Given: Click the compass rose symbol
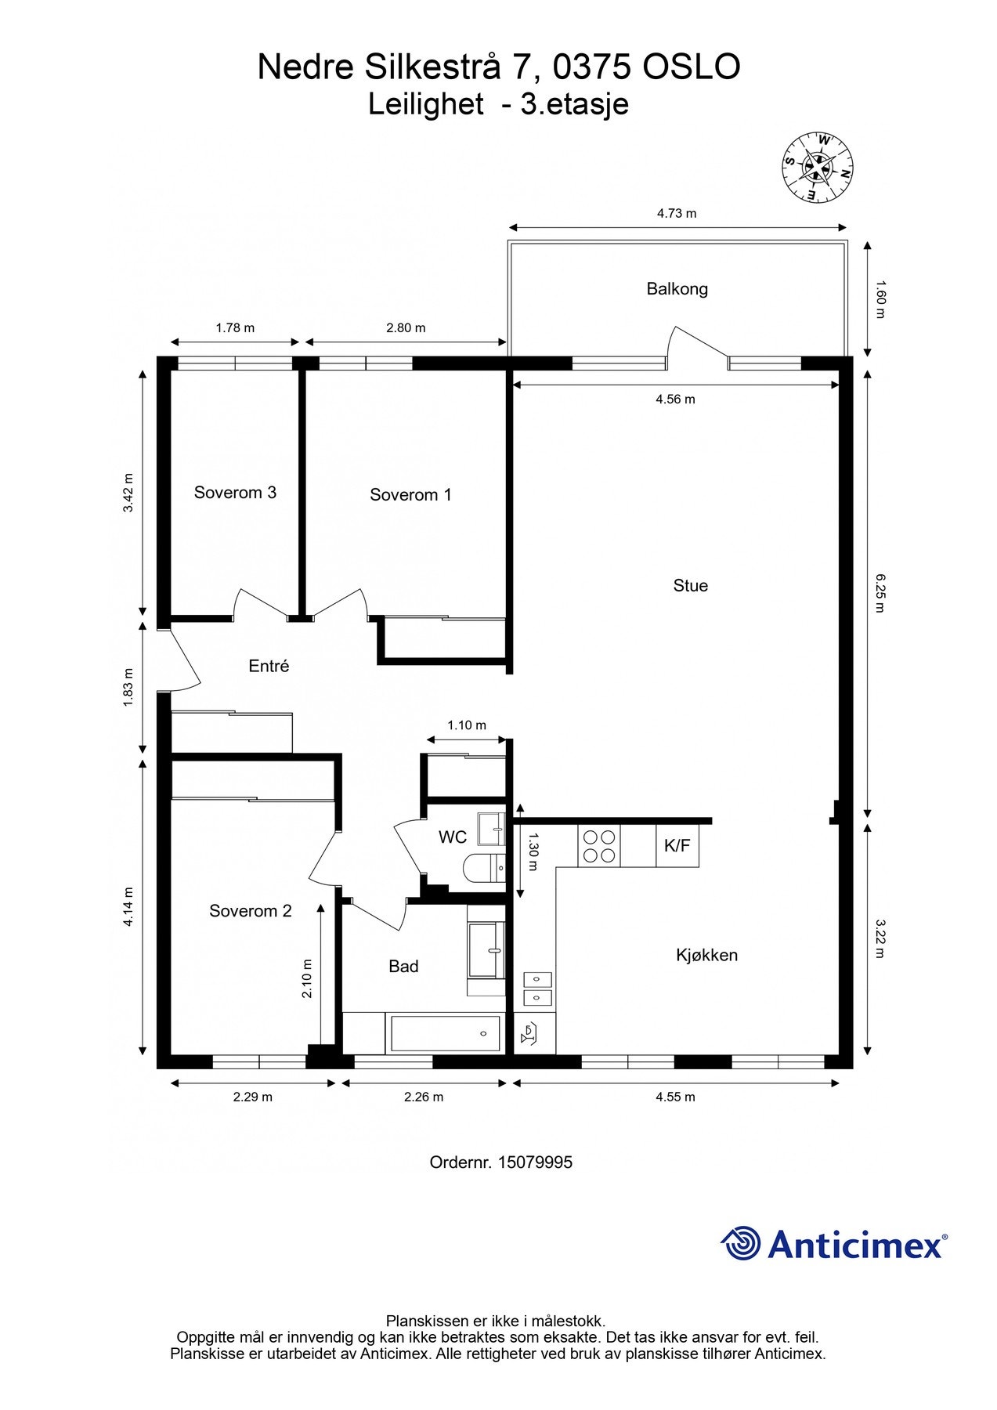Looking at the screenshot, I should pos(818,167).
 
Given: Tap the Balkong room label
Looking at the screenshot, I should pos(677,289).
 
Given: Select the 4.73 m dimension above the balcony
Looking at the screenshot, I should pos(677,213).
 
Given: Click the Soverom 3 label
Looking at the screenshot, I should pos(235,493).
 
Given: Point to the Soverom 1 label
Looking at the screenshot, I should pos(410,495).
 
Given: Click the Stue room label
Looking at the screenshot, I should pos(690,586).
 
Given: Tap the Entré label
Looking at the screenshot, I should pos(269,666).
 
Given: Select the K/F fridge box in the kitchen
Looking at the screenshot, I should pos(677,846).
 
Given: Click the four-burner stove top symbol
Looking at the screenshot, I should pos(599,846).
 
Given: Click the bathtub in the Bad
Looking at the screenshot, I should pos(445,1034).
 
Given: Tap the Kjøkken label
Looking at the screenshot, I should pos(706,955).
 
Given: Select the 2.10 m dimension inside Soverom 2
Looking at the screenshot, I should pos(307,978).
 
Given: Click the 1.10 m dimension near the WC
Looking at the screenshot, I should pos(467,725).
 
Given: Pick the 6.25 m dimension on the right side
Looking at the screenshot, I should pos(879,593).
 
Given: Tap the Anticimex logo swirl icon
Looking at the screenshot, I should pos(741,1243).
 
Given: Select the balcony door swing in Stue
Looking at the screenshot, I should pos(697,345).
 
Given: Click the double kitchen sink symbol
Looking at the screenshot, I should pos(537,989).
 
